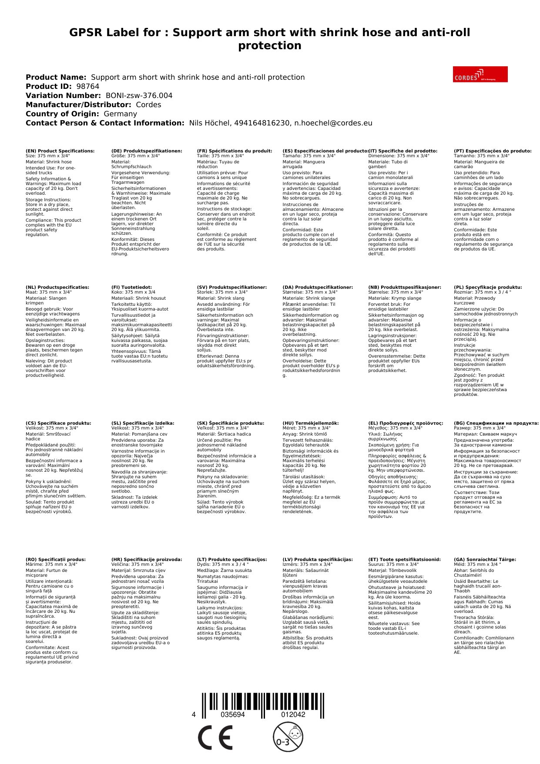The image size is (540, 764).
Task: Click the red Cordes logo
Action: [480, 74]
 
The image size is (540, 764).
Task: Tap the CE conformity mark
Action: [215, 738]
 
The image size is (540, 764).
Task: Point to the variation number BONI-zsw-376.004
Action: [139, 95]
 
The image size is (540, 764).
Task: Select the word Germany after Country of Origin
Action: [120, 114]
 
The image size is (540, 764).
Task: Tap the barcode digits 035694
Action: [233, 714]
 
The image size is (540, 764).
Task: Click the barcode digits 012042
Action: [293, 714]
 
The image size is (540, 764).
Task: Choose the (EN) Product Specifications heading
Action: [60, 151]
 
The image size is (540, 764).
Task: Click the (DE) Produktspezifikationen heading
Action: [147, 151]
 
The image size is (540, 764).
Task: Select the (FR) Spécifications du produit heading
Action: [235, 151]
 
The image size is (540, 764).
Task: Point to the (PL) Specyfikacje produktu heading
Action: [488, 287]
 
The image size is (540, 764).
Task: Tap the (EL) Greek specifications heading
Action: [406, 423]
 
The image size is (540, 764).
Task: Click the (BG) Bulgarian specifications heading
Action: [496, 423]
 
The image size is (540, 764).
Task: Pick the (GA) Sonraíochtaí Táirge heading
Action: [485, 560]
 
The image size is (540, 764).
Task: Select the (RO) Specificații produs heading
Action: [56, 560]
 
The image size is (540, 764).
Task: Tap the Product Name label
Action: [56, 77]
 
